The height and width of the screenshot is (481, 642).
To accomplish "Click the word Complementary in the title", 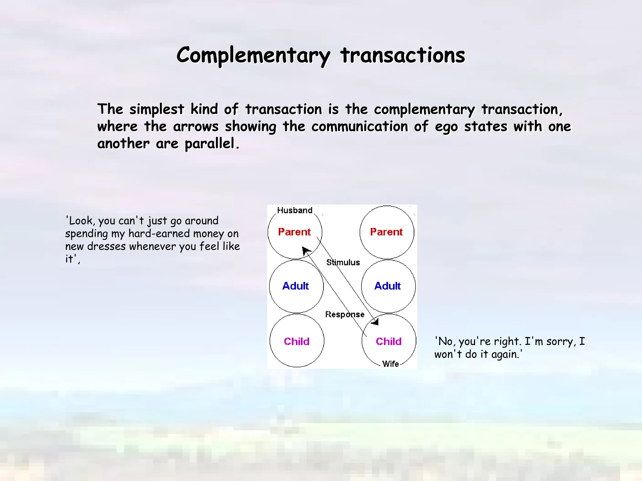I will tap(253, 56).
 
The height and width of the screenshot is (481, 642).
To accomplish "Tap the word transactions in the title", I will tap(403, 56).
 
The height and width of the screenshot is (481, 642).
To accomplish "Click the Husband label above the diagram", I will tap(295, 210).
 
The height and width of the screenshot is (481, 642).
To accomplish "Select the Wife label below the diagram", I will tap(391, 364).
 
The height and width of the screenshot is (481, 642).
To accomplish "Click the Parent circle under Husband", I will tap(294, 232).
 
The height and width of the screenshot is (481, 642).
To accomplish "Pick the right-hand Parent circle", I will tap(387, 232).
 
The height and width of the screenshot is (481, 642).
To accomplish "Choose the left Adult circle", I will tap(296, 286).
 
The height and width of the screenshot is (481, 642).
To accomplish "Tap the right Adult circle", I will tap(388, 286).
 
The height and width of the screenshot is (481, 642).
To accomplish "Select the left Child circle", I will tap(297, 341).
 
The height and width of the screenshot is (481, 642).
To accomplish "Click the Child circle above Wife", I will tap(389, 341).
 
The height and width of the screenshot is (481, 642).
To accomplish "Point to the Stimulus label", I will tap(343, 262).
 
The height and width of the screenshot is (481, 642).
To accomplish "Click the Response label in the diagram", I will tap(345, 314).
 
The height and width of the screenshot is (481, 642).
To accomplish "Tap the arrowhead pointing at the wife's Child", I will tap(375, 322).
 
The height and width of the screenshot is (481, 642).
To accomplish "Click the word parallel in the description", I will tap(210, 144).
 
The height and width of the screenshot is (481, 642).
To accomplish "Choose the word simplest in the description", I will tap(157, 109).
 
